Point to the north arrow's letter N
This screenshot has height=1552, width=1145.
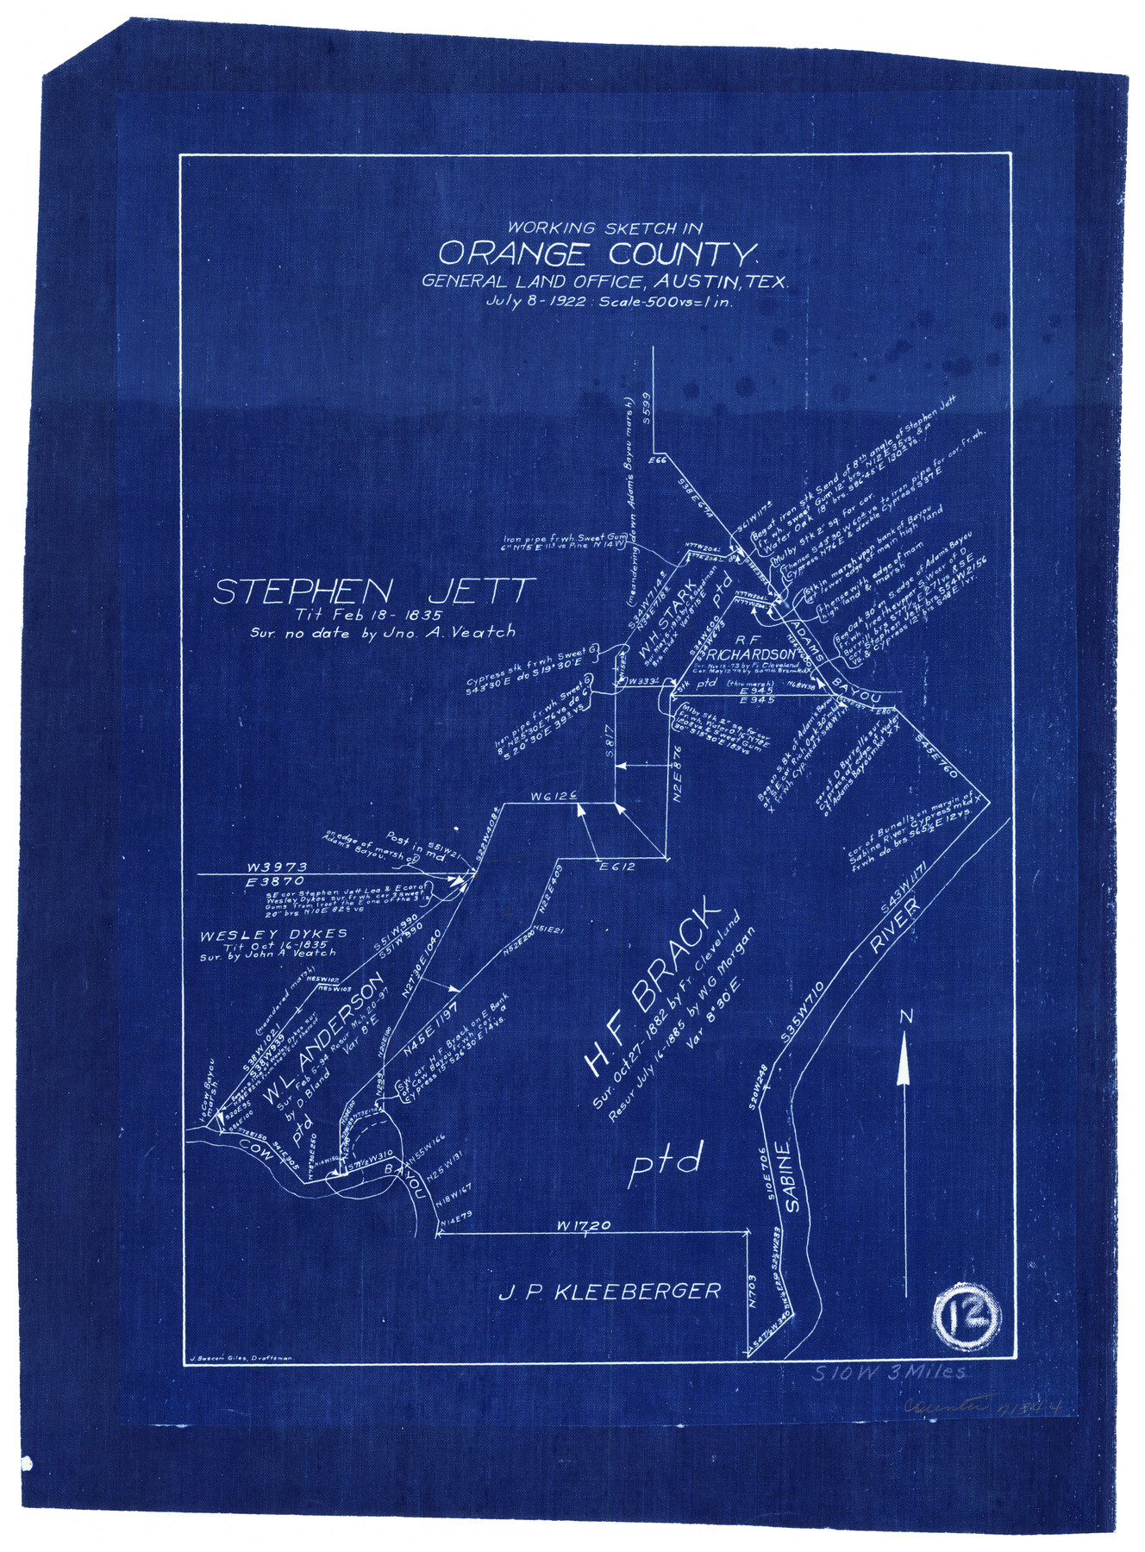tap(904, 1017)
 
